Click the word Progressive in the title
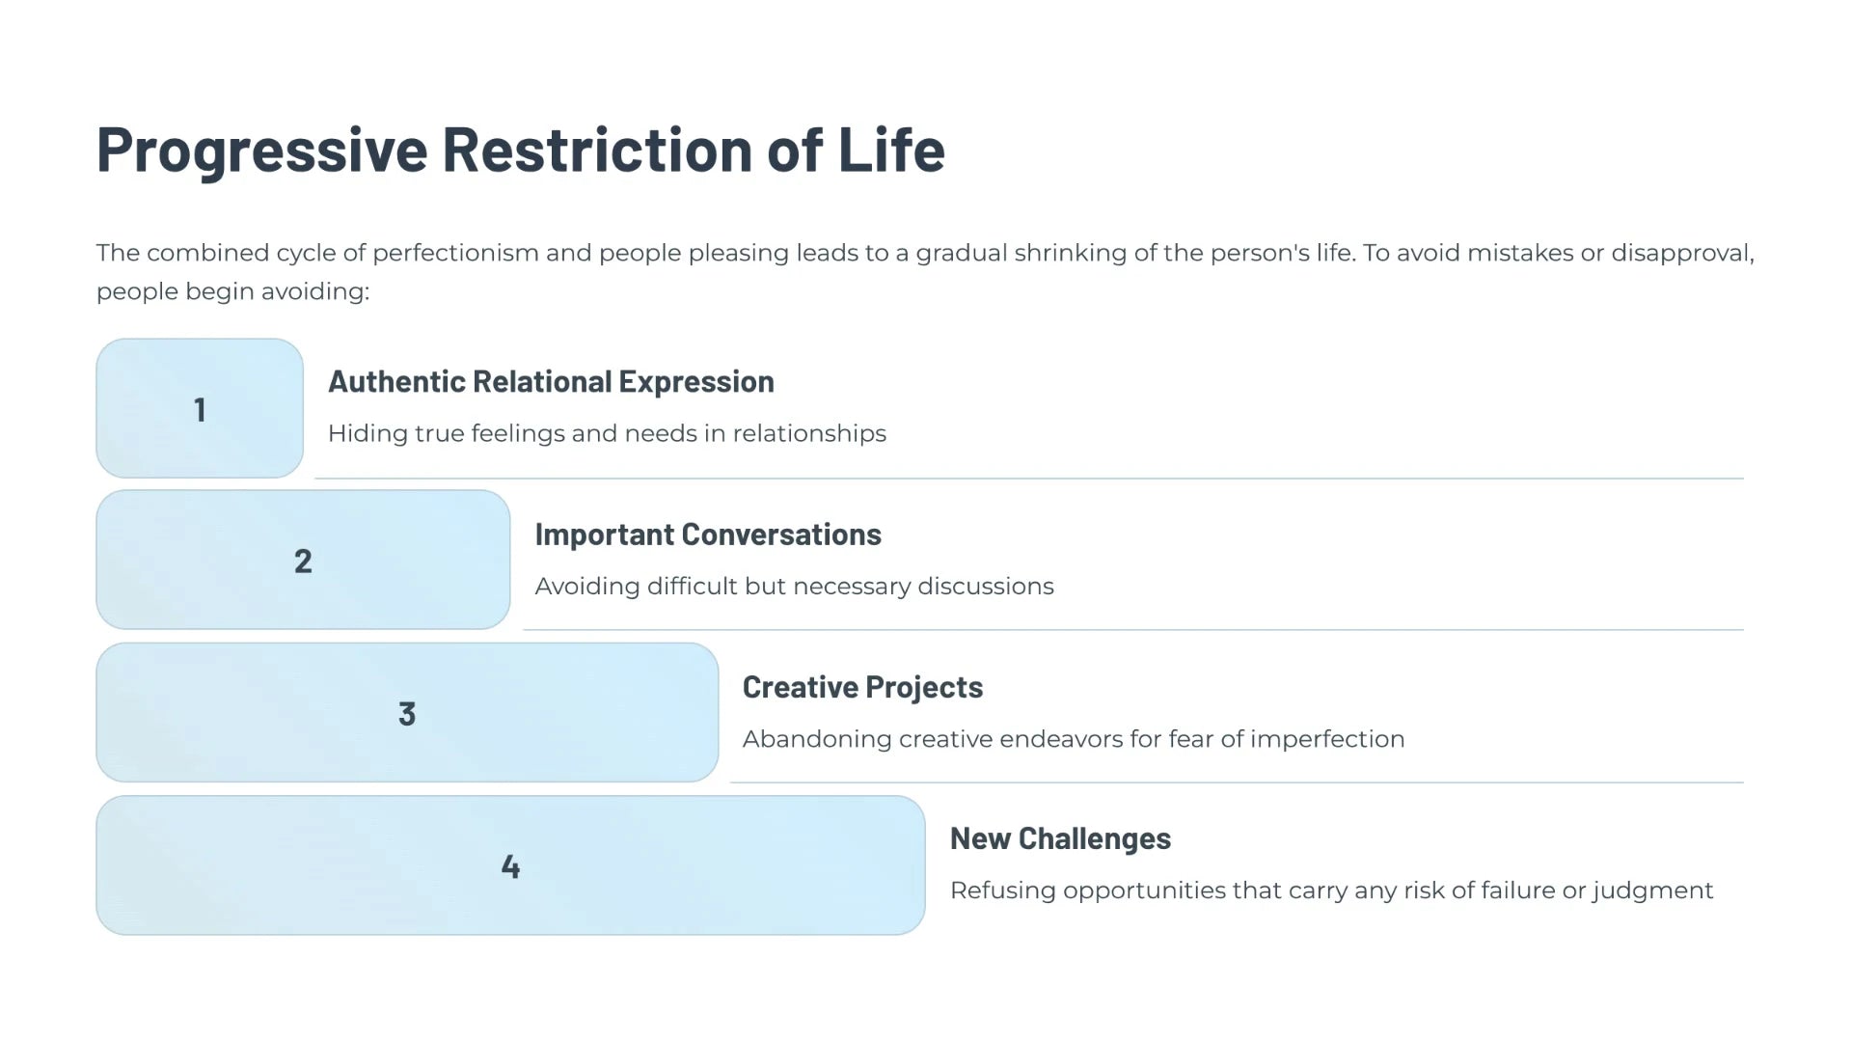click(261, 151)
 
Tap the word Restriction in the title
click(597, 149)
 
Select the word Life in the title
click(891, 149)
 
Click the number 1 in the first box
click(200, 410)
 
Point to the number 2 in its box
click(303, 562)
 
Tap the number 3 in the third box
click(407, 714)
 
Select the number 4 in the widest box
click(510, 866)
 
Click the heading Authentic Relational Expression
click(551, 382)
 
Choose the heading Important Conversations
click(708, 535)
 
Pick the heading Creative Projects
click(862, 687)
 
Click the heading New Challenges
click(1060, 839)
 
